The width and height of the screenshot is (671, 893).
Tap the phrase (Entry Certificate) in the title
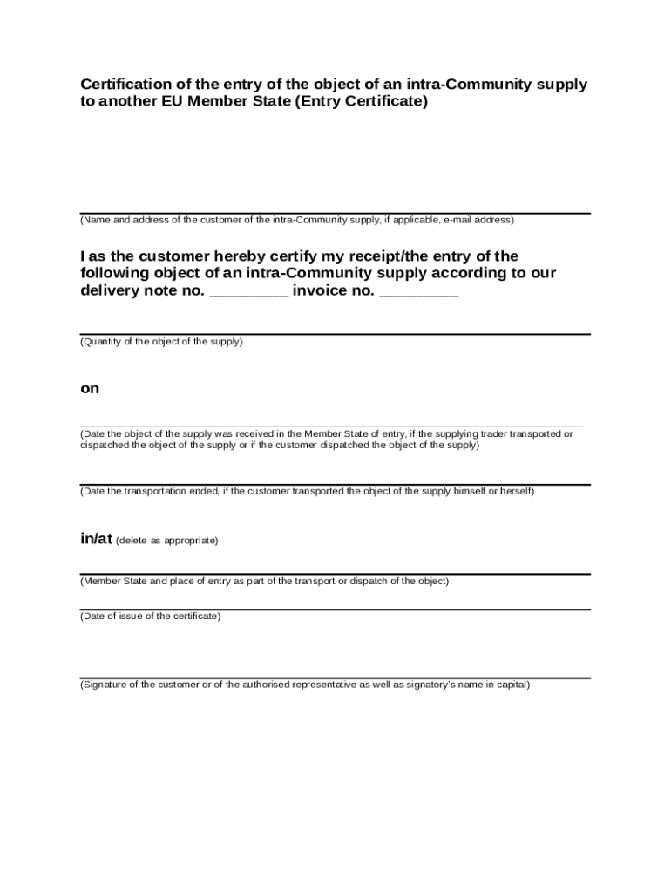click(361, 102)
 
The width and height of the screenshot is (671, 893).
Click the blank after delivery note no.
click(248, 292)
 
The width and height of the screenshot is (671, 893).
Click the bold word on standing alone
click(90, 389)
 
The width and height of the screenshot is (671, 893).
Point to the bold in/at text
click(96, 540)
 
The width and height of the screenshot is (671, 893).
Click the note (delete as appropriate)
click(166, 541)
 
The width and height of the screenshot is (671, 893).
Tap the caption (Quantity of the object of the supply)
click(161, 342)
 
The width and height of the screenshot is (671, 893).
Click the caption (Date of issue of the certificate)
click(150, 617)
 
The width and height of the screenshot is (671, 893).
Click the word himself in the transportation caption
click(472, 491)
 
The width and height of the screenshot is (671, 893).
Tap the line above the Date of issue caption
click(335, 610)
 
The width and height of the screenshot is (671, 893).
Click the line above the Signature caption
click(335, 678)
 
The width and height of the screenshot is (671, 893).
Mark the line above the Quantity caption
click(335, 334)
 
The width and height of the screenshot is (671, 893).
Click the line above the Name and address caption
click(335, 213)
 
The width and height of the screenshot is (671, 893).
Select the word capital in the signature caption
click(509, 685)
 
